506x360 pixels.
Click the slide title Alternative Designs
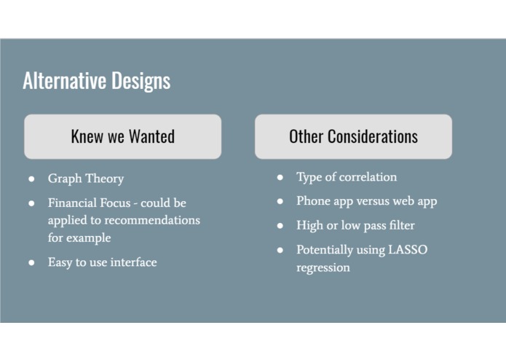pos(96,80)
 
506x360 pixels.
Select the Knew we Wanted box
pos(122,136)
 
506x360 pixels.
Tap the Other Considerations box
pos(353,136)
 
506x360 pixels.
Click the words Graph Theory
pos(86,179)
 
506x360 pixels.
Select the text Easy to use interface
pos(102,262)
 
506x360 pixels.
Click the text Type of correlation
pos(347,177)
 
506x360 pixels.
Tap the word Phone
pos(313,201)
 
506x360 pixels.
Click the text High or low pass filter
pos(355,225)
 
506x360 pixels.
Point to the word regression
pos(323,267)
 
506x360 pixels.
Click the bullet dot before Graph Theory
pos(31,179)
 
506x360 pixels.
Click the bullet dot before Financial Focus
pos(31,203)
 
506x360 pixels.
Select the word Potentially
pos(325,250)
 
